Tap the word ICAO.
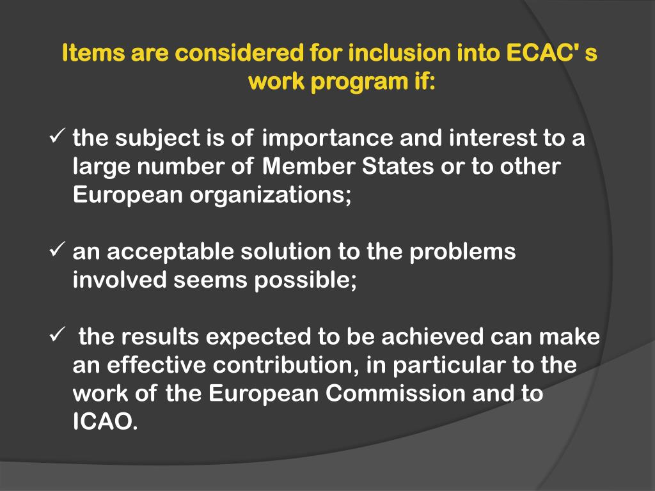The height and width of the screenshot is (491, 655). (x=105, y=422)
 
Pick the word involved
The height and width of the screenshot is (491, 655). (x=119, y=279)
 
